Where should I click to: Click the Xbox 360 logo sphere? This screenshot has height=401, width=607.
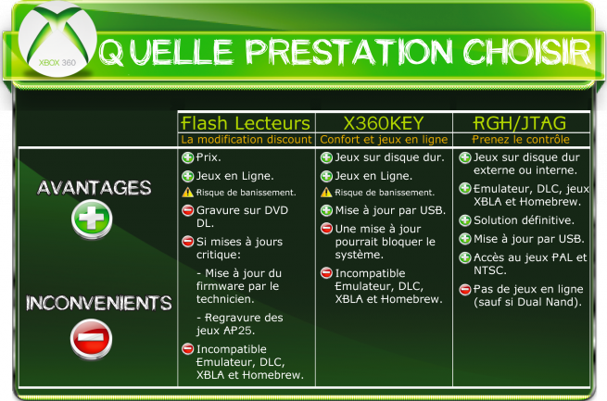click(x=57, y=39)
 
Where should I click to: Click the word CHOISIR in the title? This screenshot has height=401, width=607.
click(x=527, y=52)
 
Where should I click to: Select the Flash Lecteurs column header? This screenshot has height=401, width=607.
click(x=246, y=123)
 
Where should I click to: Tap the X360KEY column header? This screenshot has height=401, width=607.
click(x=384, y=123)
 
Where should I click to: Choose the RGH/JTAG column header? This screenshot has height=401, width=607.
click(x=520, y=123)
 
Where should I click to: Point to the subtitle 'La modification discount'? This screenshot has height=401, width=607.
click(x=247, y=140)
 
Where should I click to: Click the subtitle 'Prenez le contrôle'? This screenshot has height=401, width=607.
click(x=521, y=140)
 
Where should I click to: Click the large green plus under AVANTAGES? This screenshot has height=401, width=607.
click(x=92, y=219)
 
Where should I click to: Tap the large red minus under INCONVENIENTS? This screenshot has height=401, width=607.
click(x=92, y=339)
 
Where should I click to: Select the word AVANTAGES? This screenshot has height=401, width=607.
click(x=95, y=188)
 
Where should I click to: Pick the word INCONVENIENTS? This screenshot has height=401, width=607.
click(x=99, y=303)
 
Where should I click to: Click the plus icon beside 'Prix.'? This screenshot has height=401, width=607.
click(x=188, y=157)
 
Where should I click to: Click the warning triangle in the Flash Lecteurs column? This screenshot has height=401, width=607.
click(x=188, y=193)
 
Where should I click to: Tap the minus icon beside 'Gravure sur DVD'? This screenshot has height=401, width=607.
click(x=188, y=210)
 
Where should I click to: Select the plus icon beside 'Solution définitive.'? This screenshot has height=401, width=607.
click(x=465, y=220)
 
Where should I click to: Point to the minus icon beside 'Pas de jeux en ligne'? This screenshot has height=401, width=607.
click(x=465, y=289)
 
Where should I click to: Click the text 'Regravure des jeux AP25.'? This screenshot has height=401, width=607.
click(x=240, y=324)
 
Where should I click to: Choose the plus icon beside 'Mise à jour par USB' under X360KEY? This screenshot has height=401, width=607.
click(x=326, y=210)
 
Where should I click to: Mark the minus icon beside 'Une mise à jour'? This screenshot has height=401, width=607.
click(x=326, y=229)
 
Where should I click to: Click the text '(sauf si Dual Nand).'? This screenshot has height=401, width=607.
click(x=527, y=302)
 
